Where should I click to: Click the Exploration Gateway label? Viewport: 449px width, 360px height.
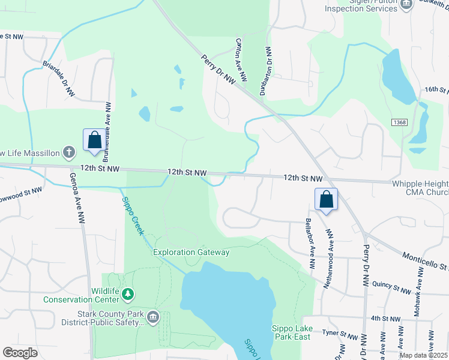tap(191, 253)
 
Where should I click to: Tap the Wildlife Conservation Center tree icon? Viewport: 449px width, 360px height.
tap(127, 294)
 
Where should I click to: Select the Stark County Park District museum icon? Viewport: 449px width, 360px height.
tap(153, 317)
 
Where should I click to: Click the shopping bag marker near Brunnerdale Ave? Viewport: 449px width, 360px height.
tap(95, 140)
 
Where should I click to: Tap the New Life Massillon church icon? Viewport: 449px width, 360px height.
tap(70, 151)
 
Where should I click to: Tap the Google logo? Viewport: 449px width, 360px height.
tap(20, 353)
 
